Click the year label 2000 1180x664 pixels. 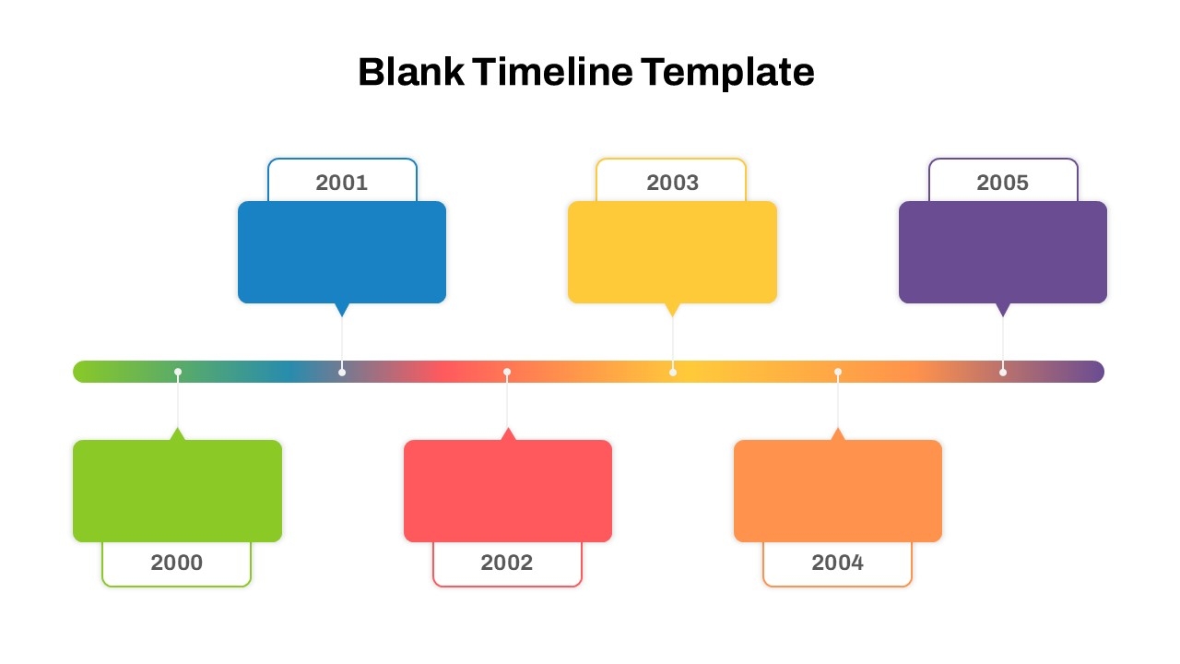pos(176,563)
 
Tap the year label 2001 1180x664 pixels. pos(342,183)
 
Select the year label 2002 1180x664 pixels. pos(507,563)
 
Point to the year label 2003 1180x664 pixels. pos(672,183)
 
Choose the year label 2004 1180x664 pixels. pos(837,563)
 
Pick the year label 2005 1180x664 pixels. pos(1002,183)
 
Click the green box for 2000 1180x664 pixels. pos(177,491)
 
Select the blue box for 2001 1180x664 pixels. pos(342,252)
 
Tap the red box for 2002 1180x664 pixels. pos(508,491)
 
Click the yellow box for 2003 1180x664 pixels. pos(672,252)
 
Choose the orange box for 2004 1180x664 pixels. pos(838,491)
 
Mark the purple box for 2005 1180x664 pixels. pos(1003,252)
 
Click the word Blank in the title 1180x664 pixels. pos(411,72)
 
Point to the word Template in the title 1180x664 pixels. pos(728,72)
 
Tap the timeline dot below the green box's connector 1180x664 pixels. pos(178,372)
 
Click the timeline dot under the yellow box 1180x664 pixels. pos(673,372)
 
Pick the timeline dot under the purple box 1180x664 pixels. pos(1003,372)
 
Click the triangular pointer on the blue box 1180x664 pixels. pos(342,309)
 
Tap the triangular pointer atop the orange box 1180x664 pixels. pos(838,433)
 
